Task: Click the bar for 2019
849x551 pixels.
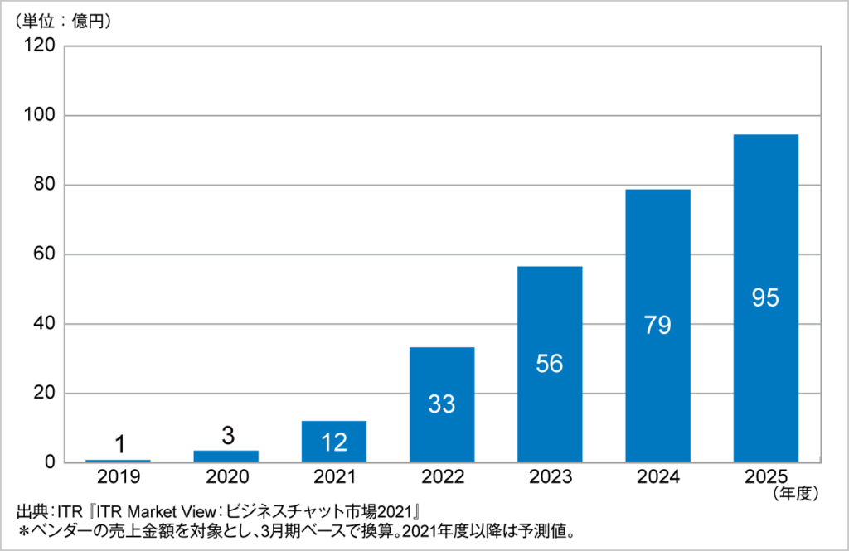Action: pos(119,461)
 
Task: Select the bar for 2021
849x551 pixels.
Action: pos(334,442)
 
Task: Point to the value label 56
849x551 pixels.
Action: pos(550,364)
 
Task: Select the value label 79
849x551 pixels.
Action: pos(657,325)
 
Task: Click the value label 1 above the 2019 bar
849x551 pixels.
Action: pos(119,445)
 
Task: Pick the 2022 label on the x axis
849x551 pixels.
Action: pos(442,477)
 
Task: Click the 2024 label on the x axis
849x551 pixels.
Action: pos(657,477)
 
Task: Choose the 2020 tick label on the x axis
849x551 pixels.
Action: pos(226,477)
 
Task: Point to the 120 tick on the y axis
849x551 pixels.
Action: pos(41,46)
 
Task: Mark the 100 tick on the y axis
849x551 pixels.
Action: pos(41,116)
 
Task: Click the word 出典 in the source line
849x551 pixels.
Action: pos(31,510)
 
